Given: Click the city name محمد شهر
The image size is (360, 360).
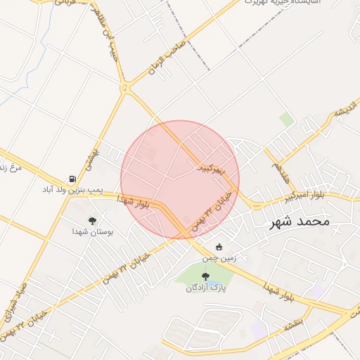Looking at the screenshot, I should click(300, 221).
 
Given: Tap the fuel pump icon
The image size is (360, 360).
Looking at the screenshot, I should click(72, 179).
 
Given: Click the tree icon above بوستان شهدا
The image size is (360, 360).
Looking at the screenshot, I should click(92, 221).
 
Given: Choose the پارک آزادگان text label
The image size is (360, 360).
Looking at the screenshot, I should click(205, 288).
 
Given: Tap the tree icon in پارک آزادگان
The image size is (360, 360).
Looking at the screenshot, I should click(205, 277).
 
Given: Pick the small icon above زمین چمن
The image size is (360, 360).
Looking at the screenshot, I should click(219, 247).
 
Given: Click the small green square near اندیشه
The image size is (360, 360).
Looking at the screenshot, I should click(286, 119).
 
